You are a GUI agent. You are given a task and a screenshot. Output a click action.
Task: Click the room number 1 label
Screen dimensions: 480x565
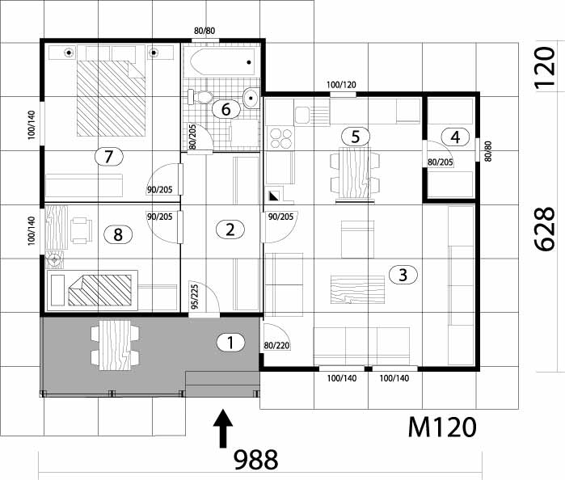[230, 342]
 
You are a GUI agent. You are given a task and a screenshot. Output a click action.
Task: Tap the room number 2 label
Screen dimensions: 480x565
[230, 229]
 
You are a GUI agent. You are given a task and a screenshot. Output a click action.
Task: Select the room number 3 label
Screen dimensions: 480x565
[403, 275]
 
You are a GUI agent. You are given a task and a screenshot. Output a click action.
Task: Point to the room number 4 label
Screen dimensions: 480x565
[455, 137]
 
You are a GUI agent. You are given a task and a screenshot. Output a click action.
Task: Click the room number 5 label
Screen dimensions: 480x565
[355, 135]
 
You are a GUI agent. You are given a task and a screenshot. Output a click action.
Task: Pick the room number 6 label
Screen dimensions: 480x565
[226, 108]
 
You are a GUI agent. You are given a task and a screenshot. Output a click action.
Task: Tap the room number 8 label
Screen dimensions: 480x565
[118, 234]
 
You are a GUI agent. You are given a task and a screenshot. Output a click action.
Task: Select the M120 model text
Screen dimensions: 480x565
[441, 425]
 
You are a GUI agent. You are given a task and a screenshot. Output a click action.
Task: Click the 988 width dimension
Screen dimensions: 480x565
[255, 460]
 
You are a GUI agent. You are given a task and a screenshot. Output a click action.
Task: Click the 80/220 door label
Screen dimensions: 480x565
[277, 346]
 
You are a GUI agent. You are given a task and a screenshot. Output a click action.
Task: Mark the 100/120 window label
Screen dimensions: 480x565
[341, 84]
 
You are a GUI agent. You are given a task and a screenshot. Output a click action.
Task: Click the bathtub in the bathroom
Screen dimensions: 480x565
[219, 60]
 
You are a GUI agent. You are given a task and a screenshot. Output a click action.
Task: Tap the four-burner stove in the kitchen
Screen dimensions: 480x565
[280, 137]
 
